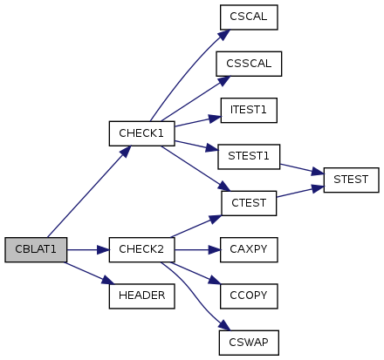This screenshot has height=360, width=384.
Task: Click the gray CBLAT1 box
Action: [36, 249]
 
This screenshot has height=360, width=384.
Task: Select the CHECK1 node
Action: [141, 133]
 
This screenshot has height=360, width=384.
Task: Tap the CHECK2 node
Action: [141, 249]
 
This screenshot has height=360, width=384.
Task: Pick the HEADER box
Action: [141, 296]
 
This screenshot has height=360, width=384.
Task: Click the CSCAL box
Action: [249, 17]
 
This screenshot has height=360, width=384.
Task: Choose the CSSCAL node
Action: [249, 64]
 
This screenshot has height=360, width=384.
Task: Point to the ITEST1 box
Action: [249, 110]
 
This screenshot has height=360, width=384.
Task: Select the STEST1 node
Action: [249, 157]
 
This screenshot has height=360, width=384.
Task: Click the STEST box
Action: [351, 180]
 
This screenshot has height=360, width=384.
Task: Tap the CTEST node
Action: [249, 203]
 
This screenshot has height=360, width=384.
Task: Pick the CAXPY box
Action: [249, 249]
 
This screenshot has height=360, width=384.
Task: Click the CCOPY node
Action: [249, 296]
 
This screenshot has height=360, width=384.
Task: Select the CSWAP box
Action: [249, 343]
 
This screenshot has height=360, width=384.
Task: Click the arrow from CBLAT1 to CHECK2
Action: [88, 249]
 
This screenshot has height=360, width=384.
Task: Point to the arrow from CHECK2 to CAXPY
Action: [197, 249]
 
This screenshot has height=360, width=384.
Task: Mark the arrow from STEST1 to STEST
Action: [302, 169]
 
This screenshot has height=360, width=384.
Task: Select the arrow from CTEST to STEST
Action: [300, 192]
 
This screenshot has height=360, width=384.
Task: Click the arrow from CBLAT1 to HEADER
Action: [90, 273]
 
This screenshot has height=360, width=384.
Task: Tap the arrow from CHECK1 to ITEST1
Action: [198, 121]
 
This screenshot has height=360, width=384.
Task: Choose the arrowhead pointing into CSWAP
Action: [224, 325]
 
